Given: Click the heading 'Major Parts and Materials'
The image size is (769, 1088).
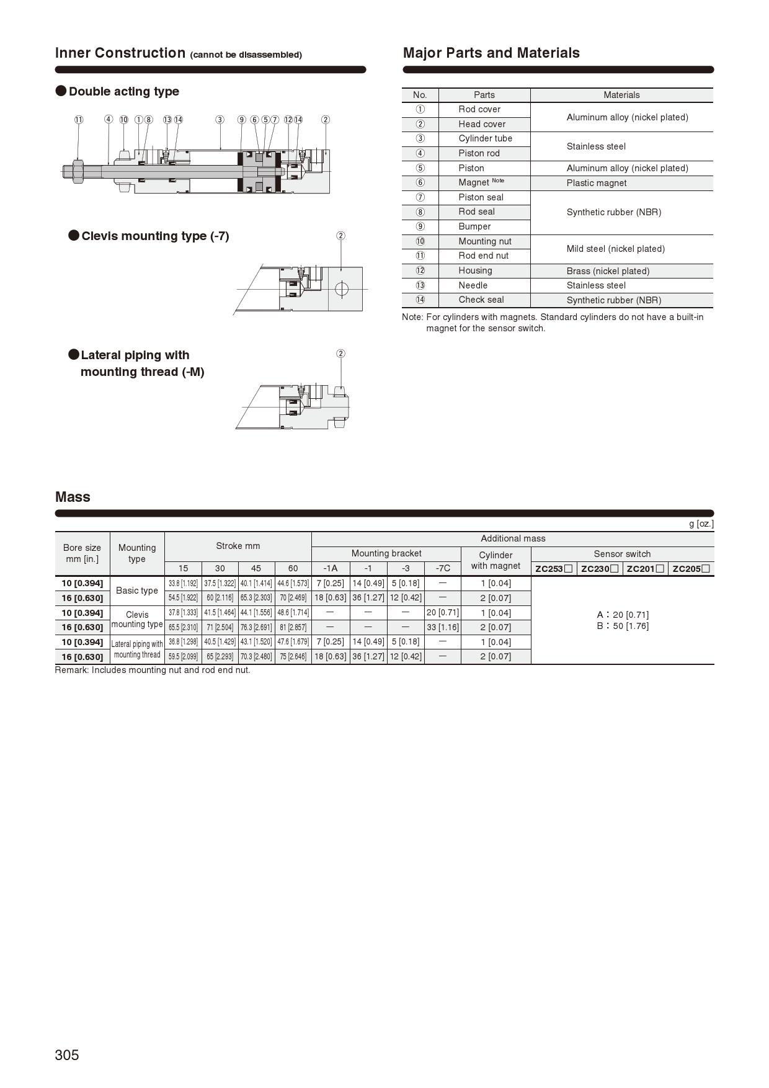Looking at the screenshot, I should (491, 53).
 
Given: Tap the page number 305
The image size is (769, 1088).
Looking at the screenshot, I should (67, 1055).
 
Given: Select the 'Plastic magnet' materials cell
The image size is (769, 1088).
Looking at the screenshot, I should (597, 183).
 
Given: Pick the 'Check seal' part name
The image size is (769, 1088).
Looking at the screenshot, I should (481, 300).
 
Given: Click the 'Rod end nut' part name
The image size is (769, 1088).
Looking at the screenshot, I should (483, 256).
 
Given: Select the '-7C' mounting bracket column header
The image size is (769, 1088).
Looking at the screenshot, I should (443, 568).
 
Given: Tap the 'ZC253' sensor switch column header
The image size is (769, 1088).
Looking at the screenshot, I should (553, 569).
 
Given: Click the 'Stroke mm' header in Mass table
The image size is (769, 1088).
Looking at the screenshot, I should (238, 546).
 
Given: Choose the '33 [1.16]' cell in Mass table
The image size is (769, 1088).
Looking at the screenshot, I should (443, 627).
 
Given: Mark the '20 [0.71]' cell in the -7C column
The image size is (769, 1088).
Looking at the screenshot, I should (443, 613).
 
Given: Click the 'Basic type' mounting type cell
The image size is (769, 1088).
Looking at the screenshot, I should (137, 591).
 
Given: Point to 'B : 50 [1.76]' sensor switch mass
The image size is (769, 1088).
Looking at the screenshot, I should (623, 626).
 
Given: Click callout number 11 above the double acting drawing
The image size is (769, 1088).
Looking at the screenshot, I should (79, 120).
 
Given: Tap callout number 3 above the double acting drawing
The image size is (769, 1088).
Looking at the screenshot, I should (220, 120).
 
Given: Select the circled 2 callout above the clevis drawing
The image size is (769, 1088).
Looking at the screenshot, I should (340, 236).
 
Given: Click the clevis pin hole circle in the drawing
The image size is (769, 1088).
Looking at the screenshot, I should (341, 289).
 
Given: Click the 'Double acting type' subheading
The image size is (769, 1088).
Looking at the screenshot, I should (123, 91).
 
